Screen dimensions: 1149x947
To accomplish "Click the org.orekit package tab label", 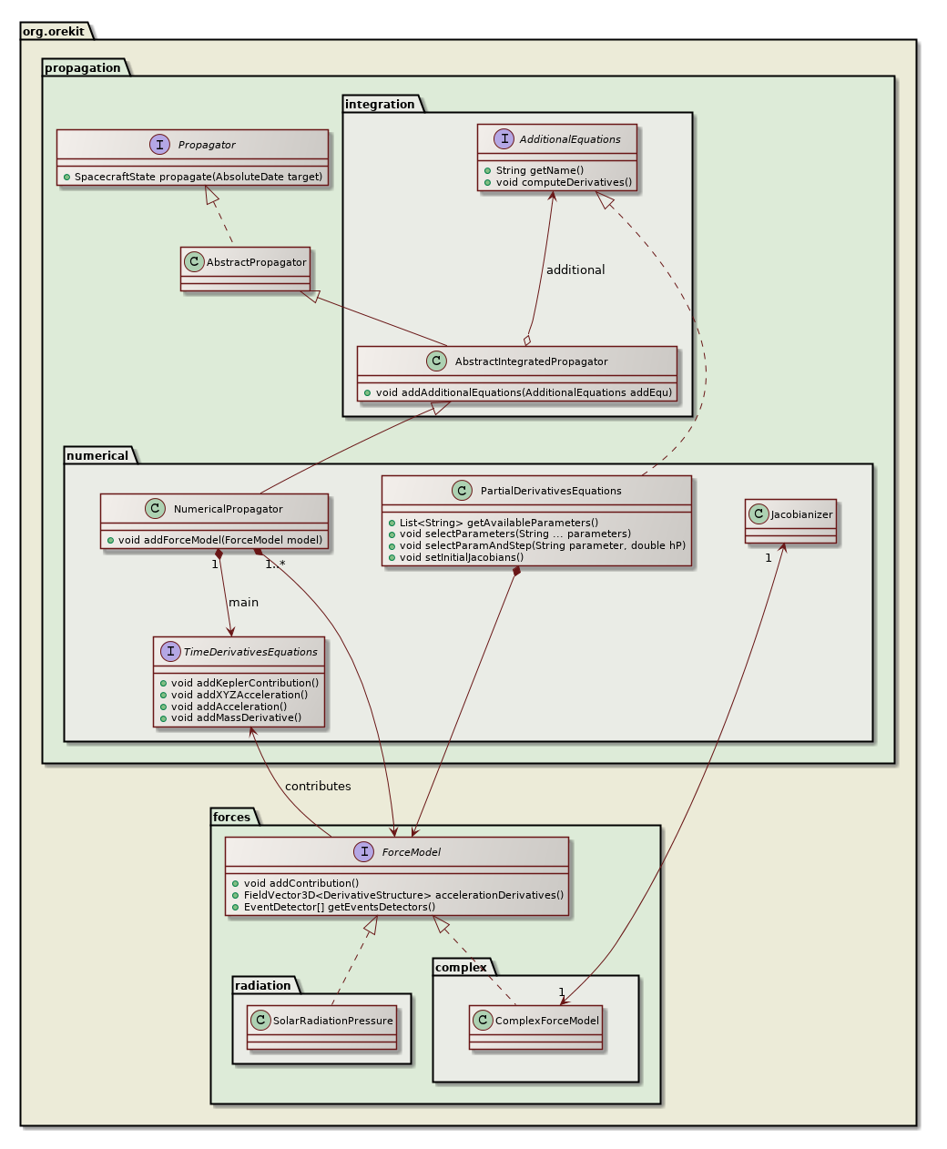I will (x=54, y=31).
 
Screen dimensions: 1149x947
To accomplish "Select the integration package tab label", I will (x=380, y=104).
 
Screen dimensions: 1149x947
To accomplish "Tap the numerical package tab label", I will (x=97, y=455).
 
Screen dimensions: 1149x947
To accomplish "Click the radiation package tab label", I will (x=262, y=985).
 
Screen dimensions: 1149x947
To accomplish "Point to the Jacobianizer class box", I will (x=790, y=521).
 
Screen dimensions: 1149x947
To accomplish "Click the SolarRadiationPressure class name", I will (x=332, y=1021).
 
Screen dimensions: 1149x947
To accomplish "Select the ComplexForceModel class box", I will (x=535, y=1027).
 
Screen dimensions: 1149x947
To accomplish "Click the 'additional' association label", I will (x=575, y=269).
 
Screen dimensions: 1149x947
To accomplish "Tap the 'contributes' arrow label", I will (x=317, y=786).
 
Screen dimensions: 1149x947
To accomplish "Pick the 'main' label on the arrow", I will (x=243, y=602).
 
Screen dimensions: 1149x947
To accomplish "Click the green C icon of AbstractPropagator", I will (x=194, y=262).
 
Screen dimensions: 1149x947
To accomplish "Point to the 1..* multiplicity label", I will (x=275, y=564).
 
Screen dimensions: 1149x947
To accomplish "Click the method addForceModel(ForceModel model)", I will (x=219, y=540).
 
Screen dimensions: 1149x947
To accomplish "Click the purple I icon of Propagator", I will (x=160, y=144).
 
